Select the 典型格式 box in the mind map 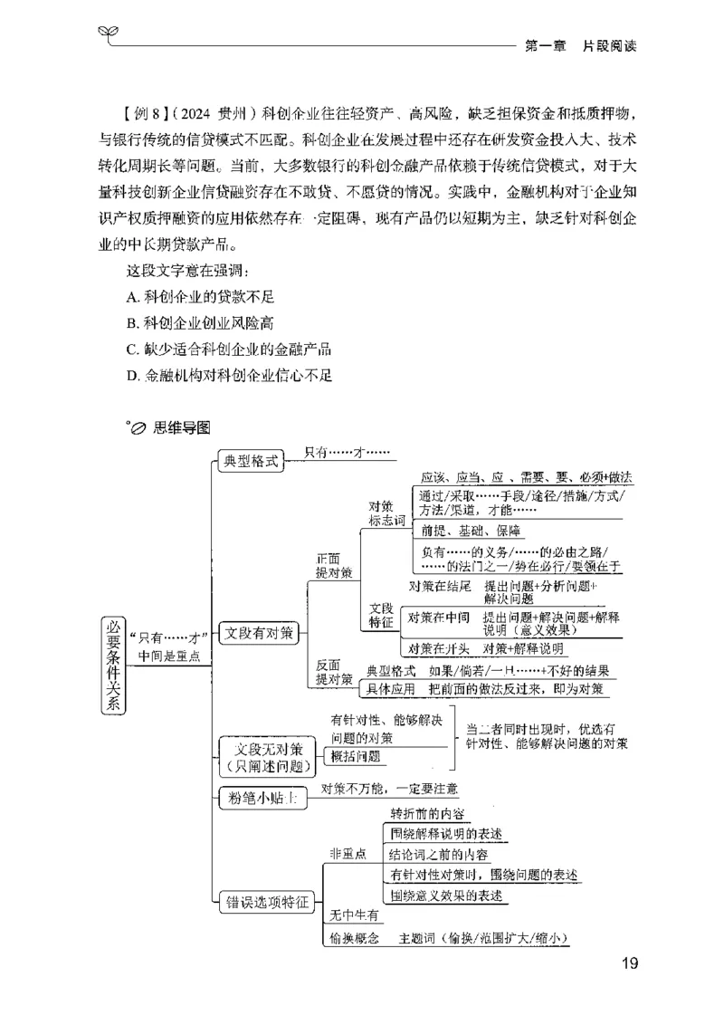251,459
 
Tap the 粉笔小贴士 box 260,797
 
